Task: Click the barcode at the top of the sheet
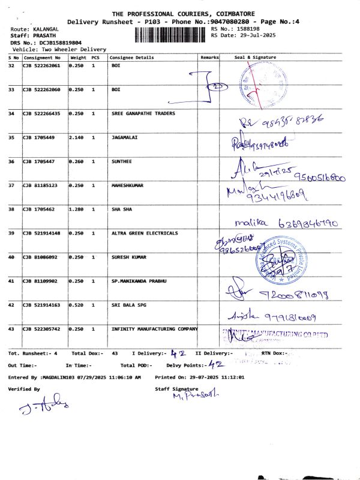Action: click(172, 34)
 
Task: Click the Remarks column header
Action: click(209, 58)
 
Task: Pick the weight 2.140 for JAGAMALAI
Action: click(76, 137)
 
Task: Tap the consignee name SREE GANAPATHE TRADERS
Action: click(143, 113)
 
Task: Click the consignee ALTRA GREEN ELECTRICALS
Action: click(145, 233)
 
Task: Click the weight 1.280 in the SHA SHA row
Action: click(76, 209)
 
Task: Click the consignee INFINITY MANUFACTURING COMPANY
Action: click(154, 329)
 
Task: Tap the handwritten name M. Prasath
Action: click(196, 395)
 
